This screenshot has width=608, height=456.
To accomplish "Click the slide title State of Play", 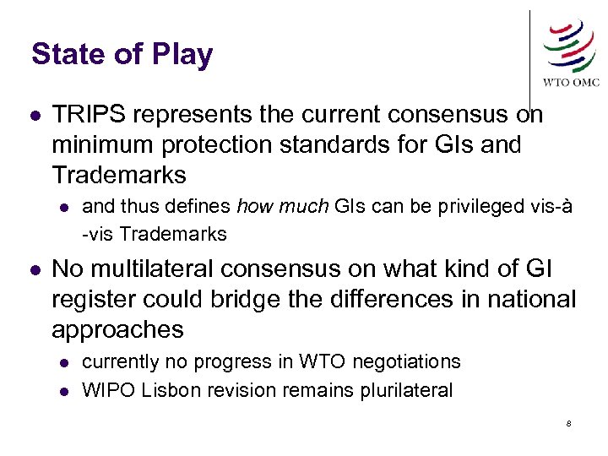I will click(122, 55).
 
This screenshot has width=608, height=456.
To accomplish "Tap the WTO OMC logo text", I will click(571, 82).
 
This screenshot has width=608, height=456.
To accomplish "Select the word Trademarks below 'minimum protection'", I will click(119, 175).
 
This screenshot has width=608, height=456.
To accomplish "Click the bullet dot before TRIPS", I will click(33, 116).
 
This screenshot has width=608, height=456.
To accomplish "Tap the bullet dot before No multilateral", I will click(33, 270).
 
